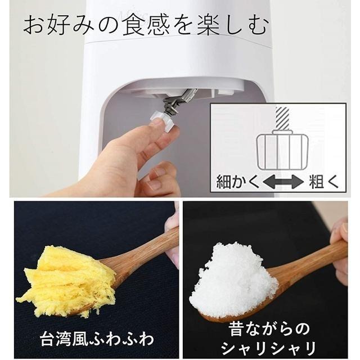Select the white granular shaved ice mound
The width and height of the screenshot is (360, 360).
tap(233, 279)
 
